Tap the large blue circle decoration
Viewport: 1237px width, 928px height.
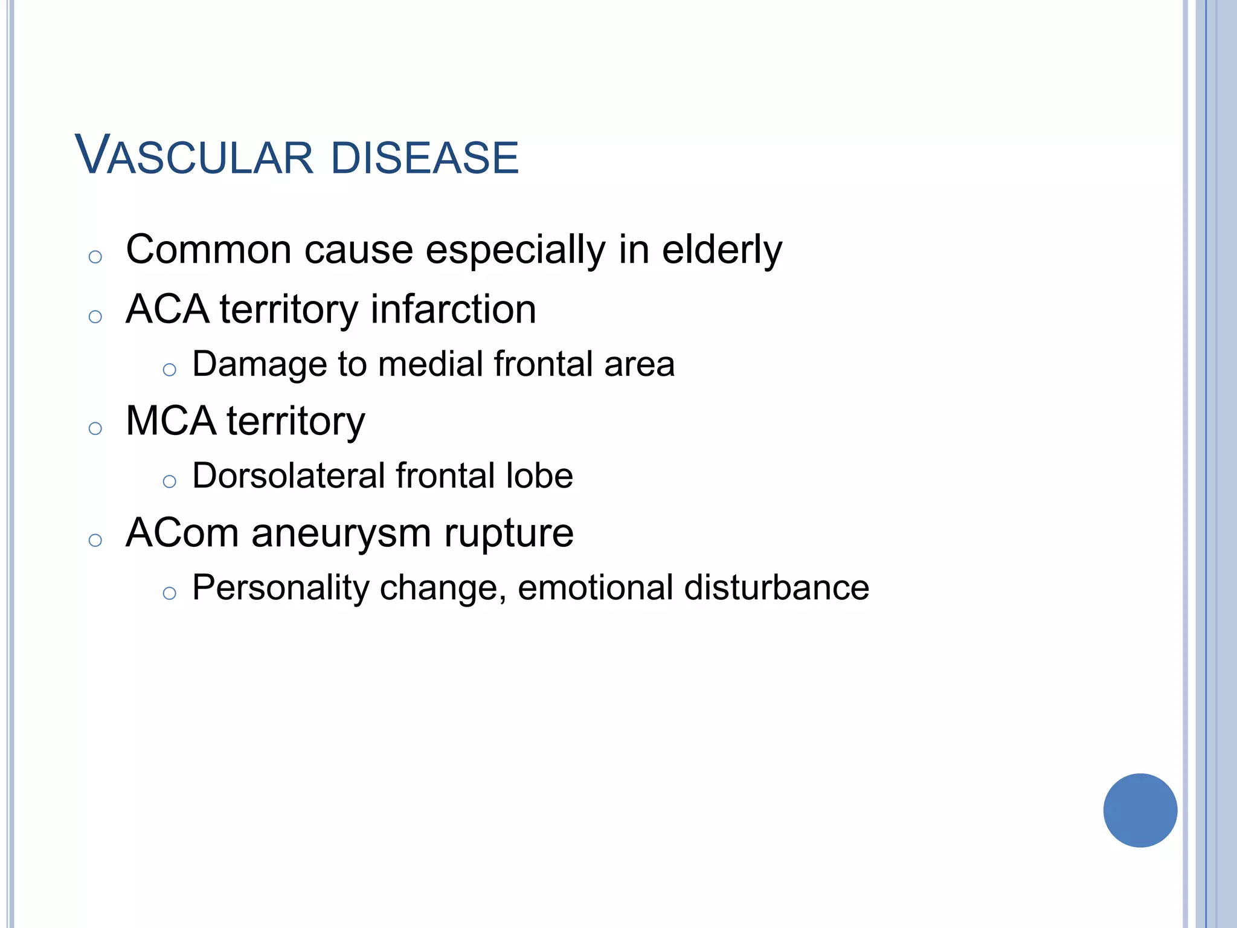(1140, 810)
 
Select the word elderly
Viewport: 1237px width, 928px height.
(722, 250)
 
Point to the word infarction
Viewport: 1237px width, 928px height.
(453, 309)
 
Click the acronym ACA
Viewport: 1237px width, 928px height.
(167, 309)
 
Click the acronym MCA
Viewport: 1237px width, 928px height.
(170, 421)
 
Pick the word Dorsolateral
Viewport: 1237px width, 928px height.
(288, 475)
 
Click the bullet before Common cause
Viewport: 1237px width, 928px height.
(95, 257)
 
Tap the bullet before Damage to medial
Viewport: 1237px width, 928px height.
(169, 370)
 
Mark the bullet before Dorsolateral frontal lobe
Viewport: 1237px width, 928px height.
(169, 482)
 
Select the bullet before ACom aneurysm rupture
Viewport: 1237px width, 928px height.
(95, 540)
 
